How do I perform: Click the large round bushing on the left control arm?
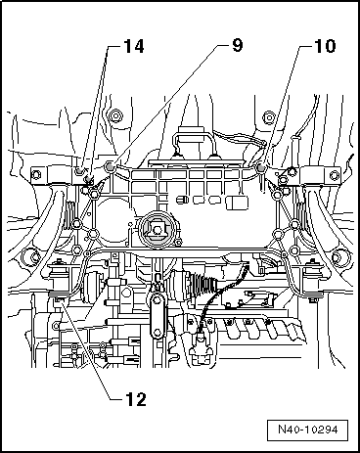pyautogui.click(x=23, y=258)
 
